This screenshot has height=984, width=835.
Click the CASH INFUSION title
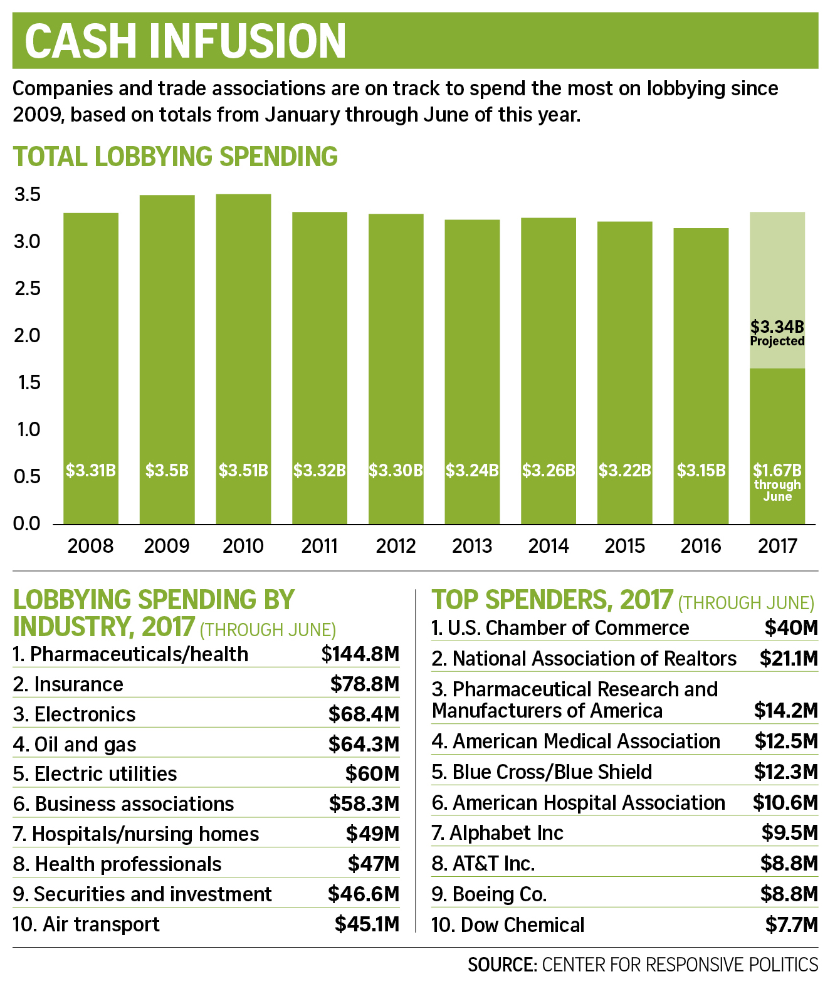coord(185,41)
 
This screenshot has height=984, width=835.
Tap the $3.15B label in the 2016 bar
coord(701,470)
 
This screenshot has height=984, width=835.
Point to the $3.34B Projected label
coord(777,333)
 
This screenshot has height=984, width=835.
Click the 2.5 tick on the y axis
coord(27,288)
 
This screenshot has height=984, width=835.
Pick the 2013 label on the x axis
coord(472,546)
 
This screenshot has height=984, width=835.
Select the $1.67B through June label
coord(777,482)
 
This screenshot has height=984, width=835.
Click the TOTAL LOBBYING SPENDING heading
coord(176,157)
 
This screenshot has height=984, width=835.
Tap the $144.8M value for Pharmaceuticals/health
coord(360,654)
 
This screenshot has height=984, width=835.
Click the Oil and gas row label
coord(75,744)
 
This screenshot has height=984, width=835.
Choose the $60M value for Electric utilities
coord(372,774)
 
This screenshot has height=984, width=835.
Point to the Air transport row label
coord(86,924)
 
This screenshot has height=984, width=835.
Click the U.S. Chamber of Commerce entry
coord(560,628)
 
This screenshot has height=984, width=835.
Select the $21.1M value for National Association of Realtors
coord(788,658)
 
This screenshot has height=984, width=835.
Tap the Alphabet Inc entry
coord(498,833)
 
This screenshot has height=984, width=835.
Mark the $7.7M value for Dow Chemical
coord(791,924)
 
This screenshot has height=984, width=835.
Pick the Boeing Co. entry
coord(490,894)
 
